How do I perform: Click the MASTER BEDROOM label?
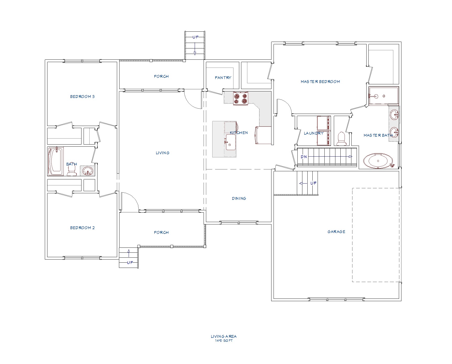(320, 82)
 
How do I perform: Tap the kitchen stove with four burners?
(241, 98)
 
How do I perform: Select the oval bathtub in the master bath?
(378, 160)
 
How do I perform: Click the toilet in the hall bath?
(72, 170)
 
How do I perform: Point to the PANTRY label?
(223, 78)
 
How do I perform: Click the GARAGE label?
(336, 232)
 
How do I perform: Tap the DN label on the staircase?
(304, 157)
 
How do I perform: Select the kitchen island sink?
(231, 142)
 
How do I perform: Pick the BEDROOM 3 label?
(82, 97)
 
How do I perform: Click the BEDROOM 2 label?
(82, 228)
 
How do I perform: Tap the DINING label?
(239, 198)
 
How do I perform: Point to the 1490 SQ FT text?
(224, 341)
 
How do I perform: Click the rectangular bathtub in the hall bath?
(56, 161)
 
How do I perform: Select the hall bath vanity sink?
(88, 171)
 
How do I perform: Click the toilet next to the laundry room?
(341, 139)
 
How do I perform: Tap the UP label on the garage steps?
(313, 183)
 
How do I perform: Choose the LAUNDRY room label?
(314, 133)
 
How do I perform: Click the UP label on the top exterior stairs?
(195, 37)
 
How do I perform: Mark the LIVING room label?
(162, 153)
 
